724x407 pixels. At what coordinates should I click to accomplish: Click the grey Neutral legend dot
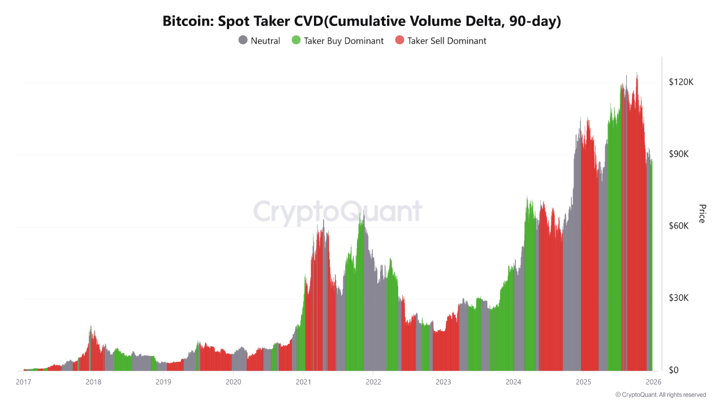point(243,41)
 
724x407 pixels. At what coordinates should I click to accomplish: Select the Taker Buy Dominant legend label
point(343,41)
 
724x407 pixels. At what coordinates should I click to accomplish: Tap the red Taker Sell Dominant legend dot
point(400,41)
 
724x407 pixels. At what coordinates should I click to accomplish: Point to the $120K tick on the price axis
point(680,83)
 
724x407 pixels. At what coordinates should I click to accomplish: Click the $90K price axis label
point(680,154)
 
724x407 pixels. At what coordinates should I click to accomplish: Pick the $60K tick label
point(680,226)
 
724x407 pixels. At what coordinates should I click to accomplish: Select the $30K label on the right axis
point(680,298)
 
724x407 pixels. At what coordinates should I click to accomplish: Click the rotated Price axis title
point(702,214)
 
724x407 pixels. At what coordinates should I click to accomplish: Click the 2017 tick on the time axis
point(24,382)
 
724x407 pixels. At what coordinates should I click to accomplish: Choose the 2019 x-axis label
point(163,382)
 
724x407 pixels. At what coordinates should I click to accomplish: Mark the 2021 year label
point(303,382)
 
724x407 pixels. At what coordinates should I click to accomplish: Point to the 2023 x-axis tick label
point(443,382)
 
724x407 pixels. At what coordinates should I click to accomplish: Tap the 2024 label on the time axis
point(513,382)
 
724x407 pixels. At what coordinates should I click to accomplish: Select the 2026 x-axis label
point(653,382)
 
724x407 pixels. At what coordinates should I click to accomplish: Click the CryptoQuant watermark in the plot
point(338,212)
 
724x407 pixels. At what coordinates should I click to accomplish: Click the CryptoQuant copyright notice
point(661,395)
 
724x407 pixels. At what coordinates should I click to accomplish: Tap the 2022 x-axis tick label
point(373,382)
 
